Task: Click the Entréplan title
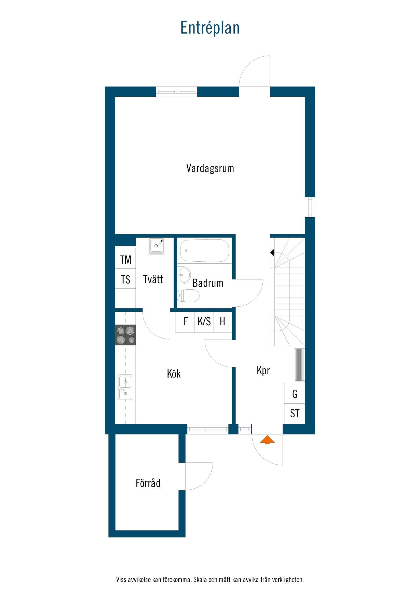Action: point(210,28)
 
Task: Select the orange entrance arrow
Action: point(267,440)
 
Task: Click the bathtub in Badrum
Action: point(204,250)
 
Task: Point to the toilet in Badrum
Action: point(188,295)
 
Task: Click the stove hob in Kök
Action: point(125,335)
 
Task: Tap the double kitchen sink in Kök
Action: point(125,387)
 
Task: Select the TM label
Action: point(125,260)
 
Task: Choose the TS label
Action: point(125,280)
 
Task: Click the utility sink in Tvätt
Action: point(156,246)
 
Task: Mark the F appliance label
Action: point(186,322)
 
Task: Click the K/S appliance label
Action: point(204,322)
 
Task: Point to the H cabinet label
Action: point(222,322)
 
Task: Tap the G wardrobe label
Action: point(295,394)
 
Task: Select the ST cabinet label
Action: point(295,413)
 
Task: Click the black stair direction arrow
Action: point(272,252)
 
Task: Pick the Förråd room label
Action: point(148,483)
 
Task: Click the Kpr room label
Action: point(263,371)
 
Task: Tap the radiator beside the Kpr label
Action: point(300,365)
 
